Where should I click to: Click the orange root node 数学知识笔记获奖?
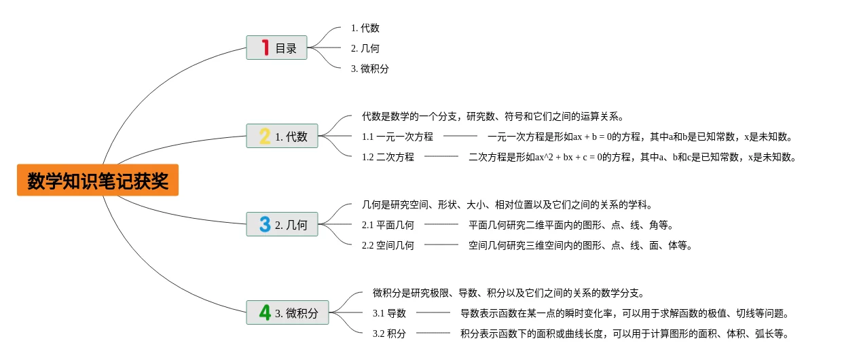(x=98, y=180)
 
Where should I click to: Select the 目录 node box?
(x=276, y=48)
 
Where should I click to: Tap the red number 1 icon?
(x=265, y=48)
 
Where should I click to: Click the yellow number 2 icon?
(x=265, y=136)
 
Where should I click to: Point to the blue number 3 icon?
(x=265, y=224)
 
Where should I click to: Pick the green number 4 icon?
(x=265, y=312)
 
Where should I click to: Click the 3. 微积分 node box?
(x=287, y=312)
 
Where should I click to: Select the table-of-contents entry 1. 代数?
(x=365, y=28)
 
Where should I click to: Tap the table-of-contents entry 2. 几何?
(x=365, y=48)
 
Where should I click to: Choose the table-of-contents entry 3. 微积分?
(x=369, y=69)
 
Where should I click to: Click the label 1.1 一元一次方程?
(x=397, y=137)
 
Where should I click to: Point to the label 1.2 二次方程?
(x=388, y=157)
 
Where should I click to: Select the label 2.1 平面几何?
(x=388, y=225)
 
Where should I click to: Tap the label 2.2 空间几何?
(x=388, y=245)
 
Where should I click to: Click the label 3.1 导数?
(x=389, y=313)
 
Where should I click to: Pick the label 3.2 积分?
(x=389, y=334)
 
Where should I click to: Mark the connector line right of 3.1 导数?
(x=433, y=312)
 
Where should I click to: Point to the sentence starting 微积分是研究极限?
(x=508, y=293)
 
